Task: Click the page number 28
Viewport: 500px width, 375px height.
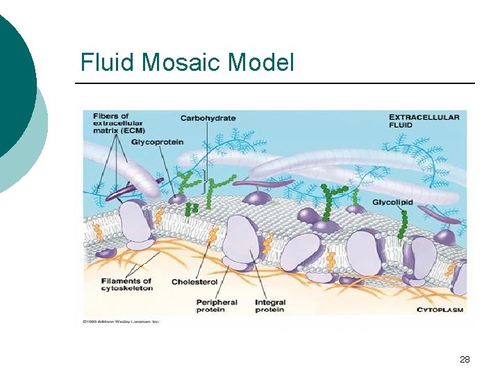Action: click(x=465, y=359)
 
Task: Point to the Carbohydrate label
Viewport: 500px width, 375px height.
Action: click(x=208, y=118)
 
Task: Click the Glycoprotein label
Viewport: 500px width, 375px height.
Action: click(x=159, y=142)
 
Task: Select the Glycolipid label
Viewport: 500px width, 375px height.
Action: click(x=392, y=202)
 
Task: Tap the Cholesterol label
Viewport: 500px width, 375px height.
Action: click(x=194, y=282)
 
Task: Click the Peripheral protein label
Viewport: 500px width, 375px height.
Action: click(x=217, y=306)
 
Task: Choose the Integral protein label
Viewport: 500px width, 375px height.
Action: click(x=270, y=306)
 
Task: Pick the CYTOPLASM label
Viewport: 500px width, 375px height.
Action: click(x=440, y=310)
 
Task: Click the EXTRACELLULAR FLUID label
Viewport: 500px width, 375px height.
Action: click(x=424, y=121)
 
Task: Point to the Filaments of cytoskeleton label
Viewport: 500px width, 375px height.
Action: click(x=127, y=284)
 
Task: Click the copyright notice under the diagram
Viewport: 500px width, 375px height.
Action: click(x=121, y=322)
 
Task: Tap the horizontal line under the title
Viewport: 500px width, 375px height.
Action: click(x=274, y=83)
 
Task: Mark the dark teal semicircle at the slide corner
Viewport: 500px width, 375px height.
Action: click(x=14, y=76)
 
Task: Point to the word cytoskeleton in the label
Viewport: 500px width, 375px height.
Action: click(x=127, y=288)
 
